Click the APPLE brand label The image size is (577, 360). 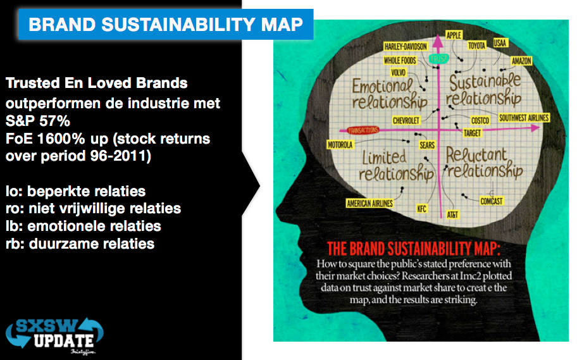click(x=454, y=35)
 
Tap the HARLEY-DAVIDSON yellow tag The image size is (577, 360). click(x=406, y=46)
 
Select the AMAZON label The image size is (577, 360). click(x=521, y=61)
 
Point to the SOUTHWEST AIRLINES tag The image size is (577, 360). click(x=524, y=118)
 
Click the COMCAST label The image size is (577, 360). click(x=492, y=201)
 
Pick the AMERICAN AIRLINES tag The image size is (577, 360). click(x=370, y=203)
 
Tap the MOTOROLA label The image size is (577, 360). click(x=340, y=145)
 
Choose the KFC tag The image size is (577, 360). click(x=422, y=209)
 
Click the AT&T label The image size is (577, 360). click(x=452, y=214)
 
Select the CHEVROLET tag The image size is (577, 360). click(x=406, y=120)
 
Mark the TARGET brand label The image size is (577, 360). click(x=472, y=133)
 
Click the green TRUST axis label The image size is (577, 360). click(x=438, y=59)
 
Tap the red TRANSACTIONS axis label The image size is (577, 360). click(x=363, y=130)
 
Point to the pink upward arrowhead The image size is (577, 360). click(x=438, y=40)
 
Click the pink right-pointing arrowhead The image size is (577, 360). click(x=535, y=128)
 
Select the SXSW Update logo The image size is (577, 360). click(x=54, y=335)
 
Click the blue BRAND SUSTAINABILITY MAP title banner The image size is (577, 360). click(x=166, y=24)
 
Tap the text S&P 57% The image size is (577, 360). click(x=37, y=121)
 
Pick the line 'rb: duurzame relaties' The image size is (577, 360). click(x=80, y=244)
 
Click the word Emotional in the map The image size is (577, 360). click(x=382, y=86)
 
